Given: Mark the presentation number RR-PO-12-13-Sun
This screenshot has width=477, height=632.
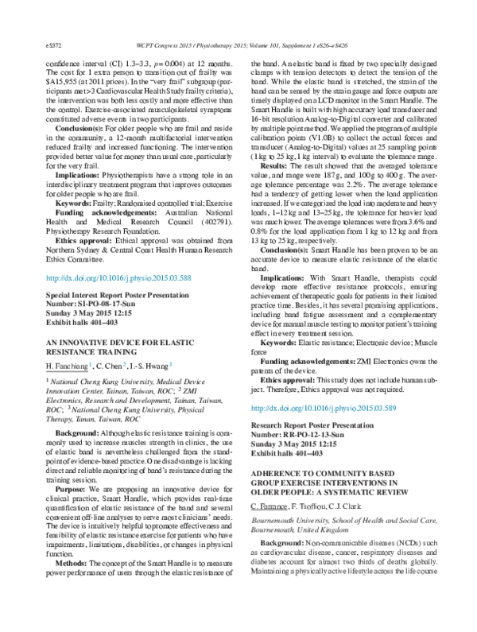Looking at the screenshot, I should coord(312,433).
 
